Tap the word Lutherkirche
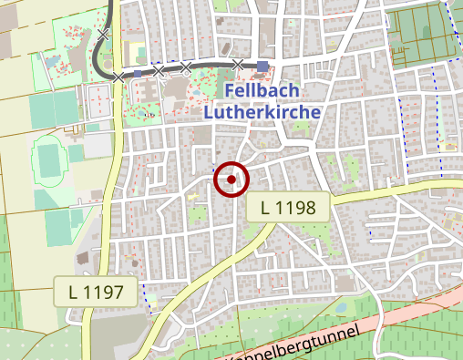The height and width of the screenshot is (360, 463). click(x=262, y=112)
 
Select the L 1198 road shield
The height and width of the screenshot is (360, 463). click(x=288, y=208)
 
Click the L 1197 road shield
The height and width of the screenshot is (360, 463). click(x=96, y=292)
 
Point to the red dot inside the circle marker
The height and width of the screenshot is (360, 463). click(x=231, y=180)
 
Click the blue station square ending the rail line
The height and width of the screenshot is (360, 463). click(x=262, y=66)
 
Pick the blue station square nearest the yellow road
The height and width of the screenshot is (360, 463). click(x=138, y=73)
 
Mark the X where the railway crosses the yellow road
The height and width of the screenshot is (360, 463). click(x=118, y=77)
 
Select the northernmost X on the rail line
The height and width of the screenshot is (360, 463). click(x=103, y=35)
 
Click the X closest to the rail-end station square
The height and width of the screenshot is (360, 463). click(x=238, y=64)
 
